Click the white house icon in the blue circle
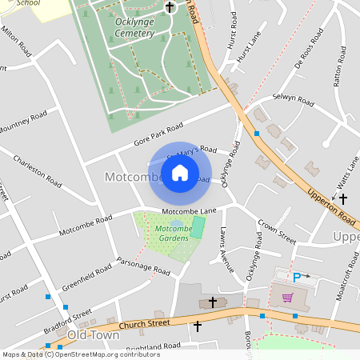coord(180,173)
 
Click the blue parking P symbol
coord(297,278)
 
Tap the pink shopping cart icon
coord(287,298)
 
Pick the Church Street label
coord(145,323)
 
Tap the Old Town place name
coord(93,334)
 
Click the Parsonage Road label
coord(143,267)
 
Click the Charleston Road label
coord(38,170)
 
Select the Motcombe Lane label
coord(190,211)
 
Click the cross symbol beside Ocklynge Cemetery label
coord(169,8)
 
